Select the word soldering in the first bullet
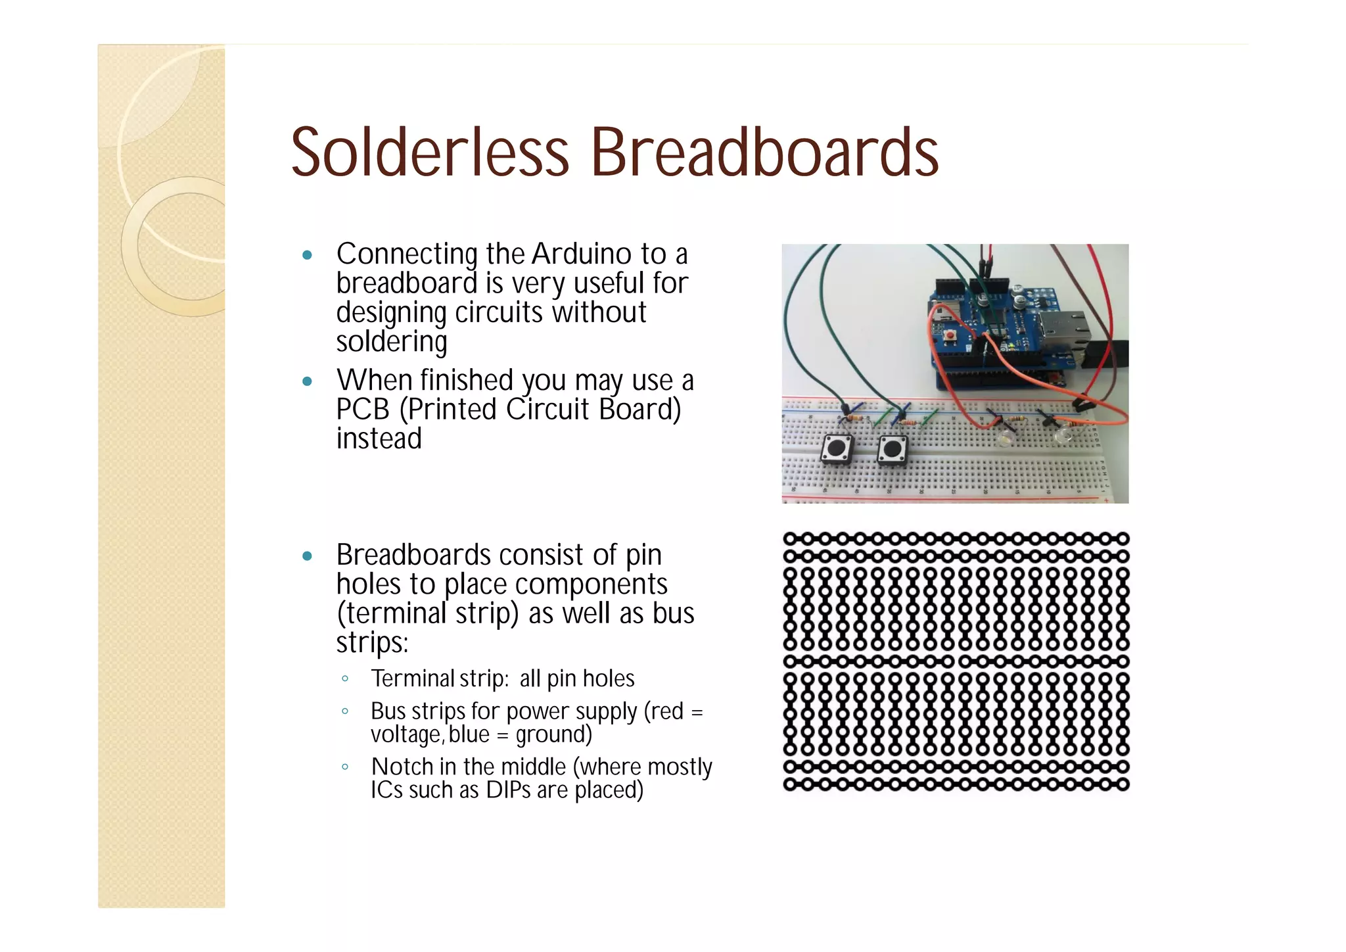coord(392,342)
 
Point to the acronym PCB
coord(362,410)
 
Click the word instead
coord(379,439)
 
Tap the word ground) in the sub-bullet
coord(553,734)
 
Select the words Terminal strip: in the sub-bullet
coord(440,678)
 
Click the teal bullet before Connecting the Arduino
coord(307,255)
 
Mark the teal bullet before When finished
coord(307,381)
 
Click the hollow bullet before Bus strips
coord(345,711)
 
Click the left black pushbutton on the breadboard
coord(837,450)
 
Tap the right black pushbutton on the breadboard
coord(893,450)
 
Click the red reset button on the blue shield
coord(950,337)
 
